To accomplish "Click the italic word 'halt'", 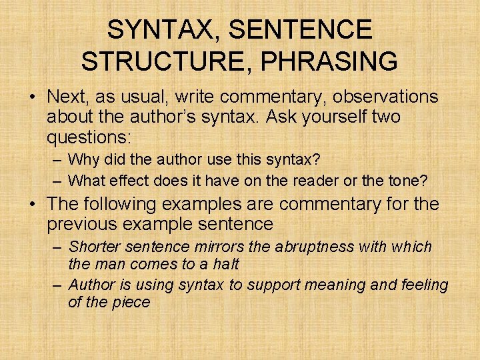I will (226, 263).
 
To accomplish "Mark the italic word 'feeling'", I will (425, 285).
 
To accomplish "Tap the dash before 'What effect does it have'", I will (57, 180).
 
